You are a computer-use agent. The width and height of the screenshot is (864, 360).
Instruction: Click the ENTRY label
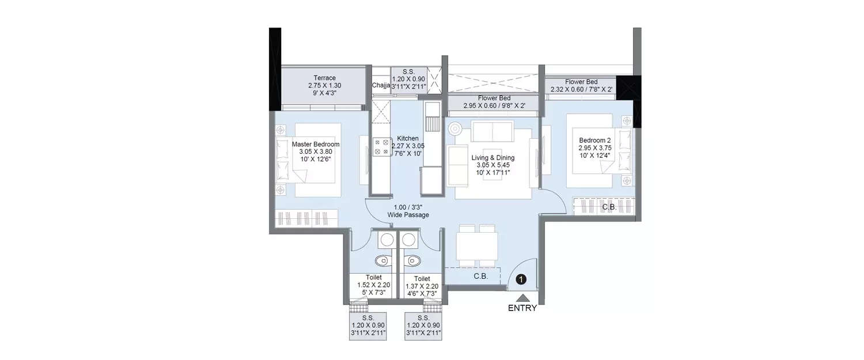[522, 308]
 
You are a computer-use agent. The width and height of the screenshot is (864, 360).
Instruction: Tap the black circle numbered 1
[521, 279]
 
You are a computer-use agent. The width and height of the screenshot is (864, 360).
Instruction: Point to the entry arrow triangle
[522, 298]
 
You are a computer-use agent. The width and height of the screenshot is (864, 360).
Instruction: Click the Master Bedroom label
[316, 144]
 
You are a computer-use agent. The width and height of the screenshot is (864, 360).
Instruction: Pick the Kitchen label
[407, 138]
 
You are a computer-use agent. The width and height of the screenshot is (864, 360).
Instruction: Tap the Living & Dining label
[493, 158]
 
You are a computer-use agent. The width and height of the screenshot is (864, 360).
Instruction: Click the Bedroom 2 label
[595, 140]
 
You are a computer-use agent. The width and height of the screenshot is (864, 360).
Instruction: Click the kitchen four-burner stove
[380, 146]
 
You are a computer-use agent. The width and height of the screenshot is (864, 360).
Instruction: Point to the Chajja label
[381, 86]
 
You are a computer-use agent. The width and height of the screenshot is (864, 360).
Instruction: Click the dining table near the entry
[476, 245]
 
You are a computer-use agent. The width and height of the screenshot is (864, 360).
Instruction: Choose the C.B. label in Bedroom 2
[609, 207]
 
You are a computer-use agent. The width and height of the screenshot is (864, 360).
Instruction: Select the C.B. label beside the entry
[481, 276]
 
